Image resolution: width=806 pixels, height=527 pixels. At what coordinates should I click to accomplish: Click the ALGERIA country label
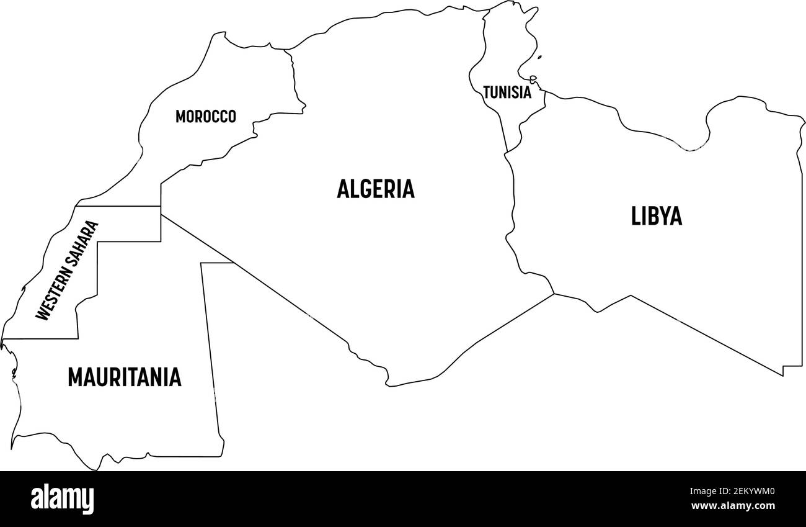(x=375, y=188)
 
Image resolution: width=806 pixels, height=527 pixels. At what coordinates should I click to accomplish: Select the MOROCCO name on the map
(x=206, y=117)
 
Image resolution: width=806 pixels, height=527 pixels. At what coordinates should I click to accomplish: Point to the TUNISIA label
(x=507, y=92)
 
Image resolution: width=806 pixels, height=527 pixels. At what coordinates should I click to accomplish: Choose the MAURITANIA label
(x=124, y=377)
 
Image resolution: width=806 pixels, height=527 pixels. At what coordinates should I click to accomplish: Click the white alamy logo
(x=62, y=498)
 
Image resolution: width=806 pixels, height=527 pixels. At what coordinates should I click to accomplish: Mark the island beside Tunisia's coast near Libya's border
(x=533, y=78)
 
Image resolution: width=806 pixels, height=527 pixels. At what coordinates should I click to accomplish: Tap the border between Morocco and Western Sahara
(x=118, y=206)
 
